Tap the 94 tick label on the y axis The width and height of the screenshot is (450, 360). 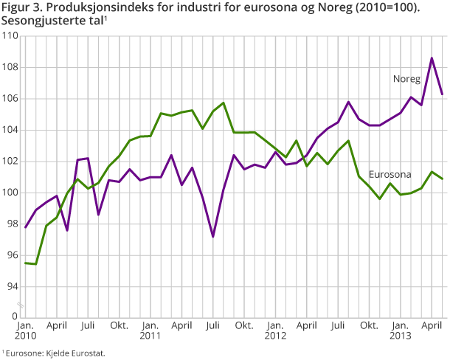tap(12, 286)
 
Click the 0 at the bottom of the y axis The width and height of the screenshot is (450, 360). tap(15, 317)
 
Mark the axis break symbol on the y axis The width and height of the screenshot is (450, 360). tap(22, 305)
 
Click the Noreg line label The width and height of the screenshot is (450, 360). tap(406, 78)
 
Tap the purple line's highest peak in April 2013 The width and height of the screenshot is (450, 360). tap(432, 58)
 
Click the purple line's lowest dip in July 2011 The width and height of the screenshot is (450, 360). tap(213, 237)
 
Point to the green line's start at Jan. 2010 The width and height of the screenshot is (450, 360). tap(25, 263)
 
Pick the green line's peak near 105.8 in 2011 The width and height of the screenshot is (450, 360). tap(224, 103)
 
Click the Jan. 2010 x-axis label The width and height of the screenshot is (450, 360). tap(24, 330)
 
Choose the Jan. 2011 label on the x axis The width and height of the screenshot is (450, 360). tap(150, 330)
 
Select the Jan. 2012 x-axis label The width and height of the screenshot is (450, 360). tap(275, 330)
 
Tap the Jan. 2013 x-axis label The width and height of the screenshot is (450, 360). tap(400, 330)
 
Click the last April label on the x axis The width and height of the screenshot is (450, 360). tap(432, 324)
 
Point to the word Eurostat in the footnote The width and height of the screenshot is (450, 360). tap(89, 353)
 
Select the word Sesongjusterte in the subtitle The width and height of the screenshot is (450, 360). tap(38, 21)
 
